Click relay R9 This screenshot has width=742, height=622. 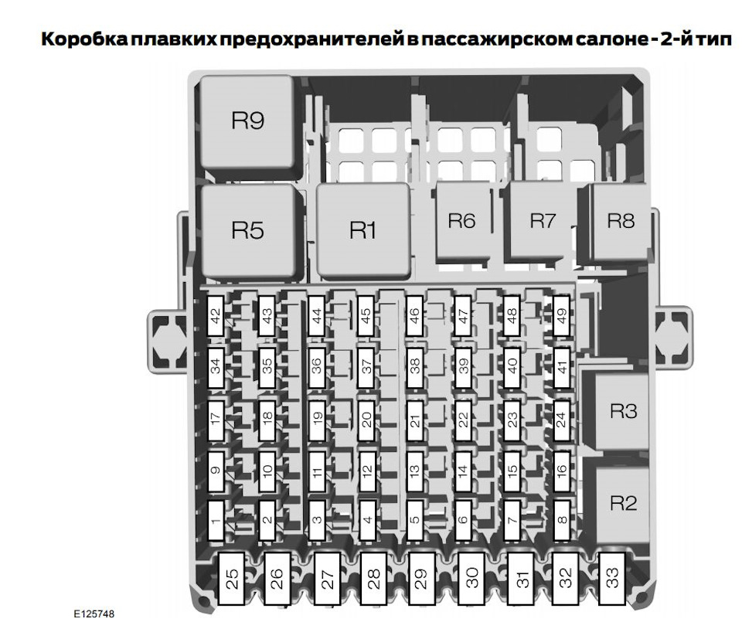247,121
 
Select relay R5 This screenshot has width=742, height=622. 247,230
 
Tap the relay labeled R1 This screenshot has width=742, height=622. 362,230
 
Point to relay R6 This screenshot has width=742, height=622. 462,221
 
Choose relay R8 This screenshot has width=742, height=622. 620,221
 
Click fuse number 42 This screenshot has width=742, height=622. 216,316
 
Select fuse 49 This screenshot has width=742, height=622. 562,316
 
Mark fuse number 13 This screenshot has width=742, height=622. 414,471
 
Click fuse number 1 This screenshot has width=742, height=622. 216,520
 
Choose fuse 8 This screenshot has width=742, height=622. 562,520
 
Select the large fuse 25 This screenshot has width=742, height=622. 231,579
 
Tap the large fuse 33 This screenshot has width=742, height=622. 612,578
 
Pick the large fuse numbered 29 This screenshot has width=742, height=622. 422,579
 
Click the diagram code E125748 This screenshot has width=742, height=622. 94,614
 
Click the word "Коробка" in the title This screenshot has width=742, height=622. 84,39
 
